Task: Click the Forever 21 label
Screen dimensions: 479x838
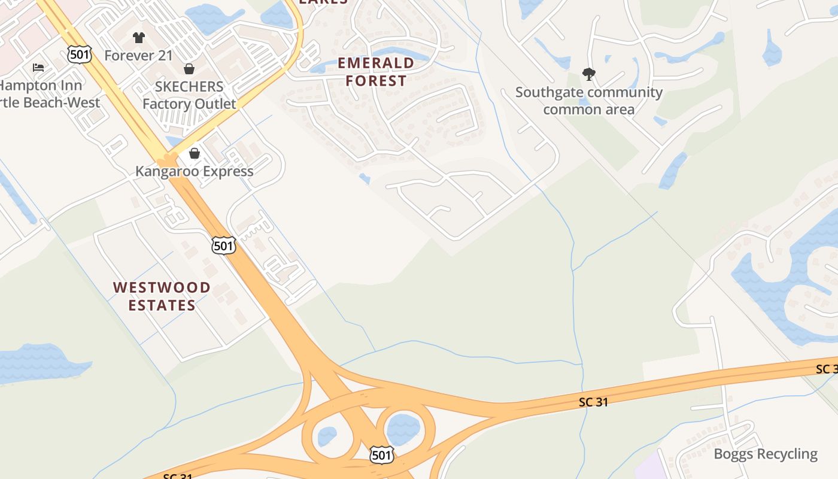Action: (138, 56)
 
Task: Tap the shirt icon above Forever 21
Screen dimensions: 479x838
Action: (139, 38)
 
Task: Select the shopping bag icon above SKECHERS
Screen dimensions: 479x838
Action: (189, 69)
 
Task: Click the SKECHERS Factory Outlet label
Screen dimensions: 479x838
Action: (189, 95)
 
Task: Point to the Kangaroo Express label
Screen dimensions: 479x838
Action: (194, 171)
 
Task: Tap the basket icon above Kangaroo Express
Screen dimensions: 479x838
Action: (194, 154)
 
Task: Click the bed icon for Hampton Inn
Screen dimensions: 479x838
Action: (38, 68)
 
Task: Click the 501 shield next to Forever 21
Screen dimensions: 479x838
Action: (80, 55)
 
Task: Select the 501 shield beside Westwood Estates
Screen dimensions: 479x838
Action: (223, 245)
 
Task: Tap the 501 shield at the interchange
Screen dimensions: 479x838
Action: (381, 455)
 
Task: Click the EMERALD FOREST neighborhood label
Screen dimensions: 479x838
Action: (376, 72)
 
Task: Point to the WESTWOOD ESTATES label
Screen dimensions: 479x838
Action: (162, 296)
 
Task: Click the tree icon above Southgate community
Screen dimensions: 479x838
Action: (589, 74)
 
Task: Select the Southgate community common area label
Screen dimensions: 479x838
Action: (589, 101)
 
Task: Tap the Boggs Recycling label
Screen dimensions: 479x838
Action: (766, 454)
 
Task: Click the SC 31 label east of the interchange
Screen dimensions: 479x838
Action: (594, 402)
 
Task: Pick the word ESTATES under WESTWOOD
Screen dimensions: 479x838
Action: (162, 305)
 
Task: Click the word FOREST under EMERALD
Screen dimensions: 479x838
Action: (376, 81)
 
